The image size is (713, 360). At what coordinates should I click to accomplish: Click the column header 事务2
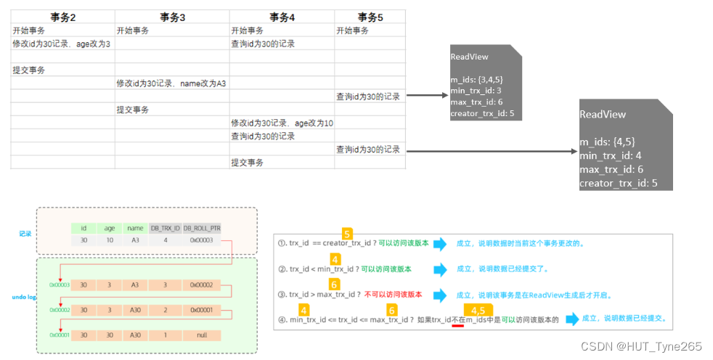coord(62,17)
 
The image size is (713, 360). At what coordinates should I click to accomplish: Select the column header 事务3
coord(172,17)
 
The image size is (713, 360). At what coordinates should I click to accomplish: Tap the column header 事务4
coord(282,17)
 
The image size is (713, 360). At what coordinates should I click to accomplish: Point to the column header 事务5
coord(370,17)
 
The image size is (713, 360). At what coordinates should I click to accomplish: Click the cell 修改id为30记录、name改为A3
coord(171,83)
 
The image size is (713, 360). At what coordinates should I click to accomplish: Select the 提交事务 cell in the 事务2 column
coord(29,70)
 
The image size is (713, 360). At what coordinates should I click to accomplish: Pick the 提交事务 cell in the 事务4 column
coord(247,163)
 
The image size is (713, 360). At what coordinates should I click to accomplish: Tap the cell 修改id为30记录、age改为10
coord(282,123)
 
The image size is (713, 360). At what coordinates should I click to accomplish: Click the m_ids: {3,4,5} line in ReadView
coord(476,78)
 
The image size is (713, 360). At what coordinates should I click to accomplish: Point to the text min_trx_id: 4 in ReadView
coord(610,155)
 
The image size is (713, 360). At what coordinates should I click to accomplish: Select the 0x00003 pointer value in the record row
coord(201,240)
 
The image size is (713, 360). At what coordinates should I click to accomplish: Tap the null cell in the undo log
coord(201,336)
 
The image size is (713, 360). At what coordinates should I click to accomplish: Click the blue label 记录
coord(25,234)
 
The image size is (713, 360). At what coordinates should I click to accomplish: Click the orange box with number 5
coord(347,234)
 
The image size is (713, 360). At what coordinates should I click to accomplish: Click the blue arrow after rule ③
coord(438,295)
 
